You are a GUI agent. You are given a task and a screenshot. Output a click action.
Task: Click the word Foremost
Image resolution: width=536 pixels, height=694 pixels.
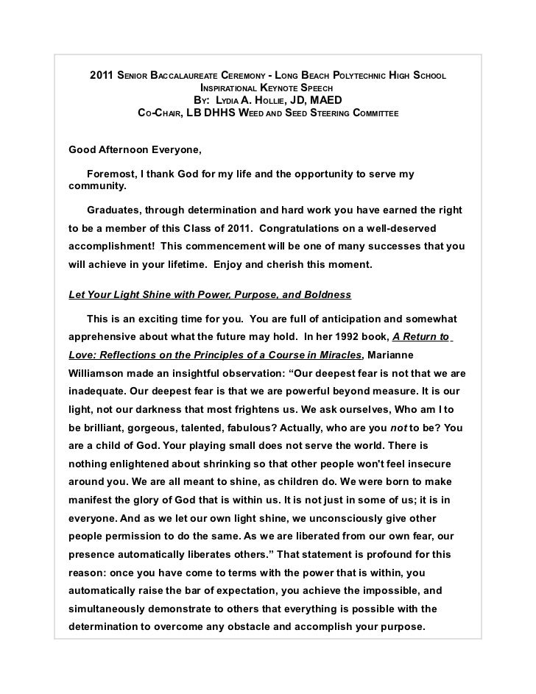tap(110, 174)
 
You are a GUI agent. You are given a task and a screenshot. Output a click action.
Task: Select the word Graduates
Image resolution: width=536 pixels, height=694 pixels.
tap(115, 210)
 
